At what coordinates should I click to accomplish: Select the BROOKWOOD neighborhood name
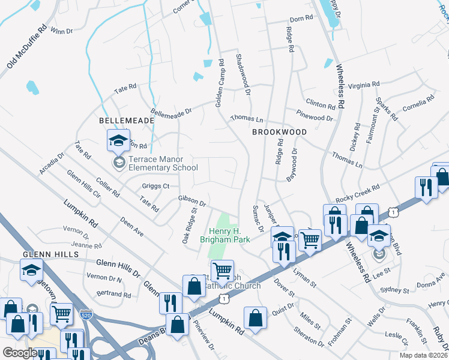pos(279,132)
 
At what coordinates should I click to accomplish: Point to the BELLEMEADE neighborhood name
pos(127,121)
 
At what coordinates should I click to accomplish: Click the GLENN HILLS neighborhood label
pos(50,254)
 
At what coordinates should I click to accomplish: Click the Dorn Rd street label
pos(301,19)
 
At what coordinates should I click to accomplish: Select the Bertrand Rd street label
pos(114,295)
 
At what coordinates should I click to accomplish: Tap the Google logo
pos(20,353)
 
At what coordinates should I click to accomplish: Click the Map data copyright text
pos(422,355)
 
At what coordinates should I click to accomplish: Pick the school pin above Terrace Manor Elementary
pos(118,142)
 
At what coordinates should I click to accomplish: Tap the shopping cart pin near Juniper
pos(310,239)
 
